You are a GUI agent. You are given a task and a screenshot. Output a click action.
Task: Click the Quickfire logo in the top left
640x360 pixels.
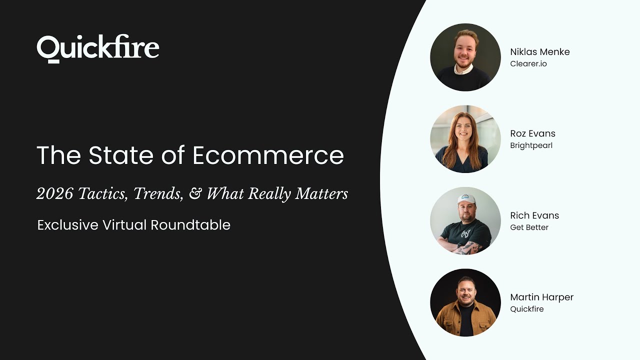click(x=98, y=49)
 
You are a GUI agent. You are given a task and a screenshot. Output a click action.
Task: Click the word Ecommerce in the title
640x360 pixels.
click(x=268, y=155)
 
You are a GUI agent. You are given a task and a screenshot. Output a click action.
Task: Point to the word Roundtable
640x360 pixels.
click(x=190, y=225)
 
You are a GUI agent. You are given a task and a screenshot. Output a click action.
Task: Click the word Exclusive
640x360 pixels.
click(x=67, y=225)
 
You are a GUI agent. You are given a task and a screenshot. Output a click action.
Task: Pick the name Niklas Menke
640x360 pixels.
click(x=539, y=52)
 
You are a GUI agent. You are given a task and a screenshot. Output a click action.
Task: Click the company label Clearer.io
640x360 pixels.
click(x=528, y=64)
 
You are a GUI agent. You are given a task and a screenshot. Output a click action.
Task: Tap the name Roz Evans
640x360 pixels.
click(x=532, y=133)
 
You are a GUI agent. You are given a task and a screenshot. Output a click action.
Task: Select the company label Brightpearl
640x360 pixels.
click(x=531, y=145)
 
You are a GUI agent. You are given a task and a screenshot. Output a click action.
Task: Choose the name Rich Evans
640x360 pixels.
click(x=534, y=215)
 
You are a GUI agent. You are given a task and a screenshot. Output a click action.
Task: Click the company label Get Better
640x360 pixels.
click(x=529, y=227)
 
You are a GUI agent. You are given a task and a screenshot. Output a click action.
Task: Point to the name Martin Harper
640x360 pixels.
click(x=541, y=297)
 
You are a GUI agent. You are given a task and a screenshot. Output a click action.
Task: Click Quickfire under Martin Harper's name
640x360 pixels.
click(x=526, y=309)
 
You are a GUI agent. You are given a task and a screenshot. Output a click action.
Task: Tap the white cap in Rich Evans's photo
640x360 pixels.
click(x=466, y=199)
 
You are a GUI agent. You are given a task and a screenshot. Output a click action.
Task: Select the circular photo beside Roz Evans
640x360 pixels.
click(x=465, y=139)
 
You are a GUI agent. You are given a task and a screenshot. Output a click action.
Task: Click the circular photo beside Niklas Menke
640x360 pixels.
click(x=465, y=57)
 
